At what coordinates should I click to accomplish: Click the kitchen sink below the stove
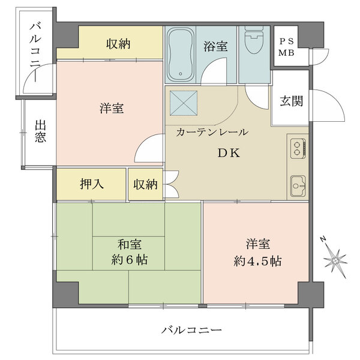(298, 185)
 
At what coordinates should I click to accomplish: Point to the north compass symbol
(334, 257)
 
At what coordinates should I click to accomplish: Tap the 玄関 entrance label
(290, 101)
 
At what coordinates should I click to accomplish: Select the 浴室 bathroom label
(215, 46)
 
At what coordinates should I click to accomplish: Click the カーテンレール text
(212, 132)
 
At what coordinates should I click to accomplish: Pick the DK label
(228, 153)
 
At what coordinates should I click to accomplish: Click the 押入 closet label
(91, 184)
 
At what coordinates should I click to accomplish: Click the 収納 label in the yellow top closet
(119, 44)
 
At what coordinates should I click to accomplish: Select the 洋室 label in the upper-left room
(112, 109)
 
